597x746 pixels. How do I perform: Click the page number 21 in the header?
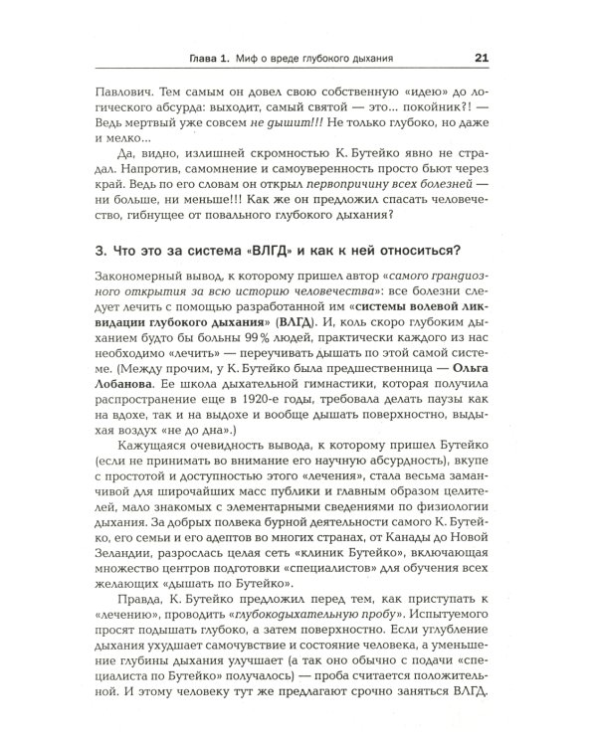480,57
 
